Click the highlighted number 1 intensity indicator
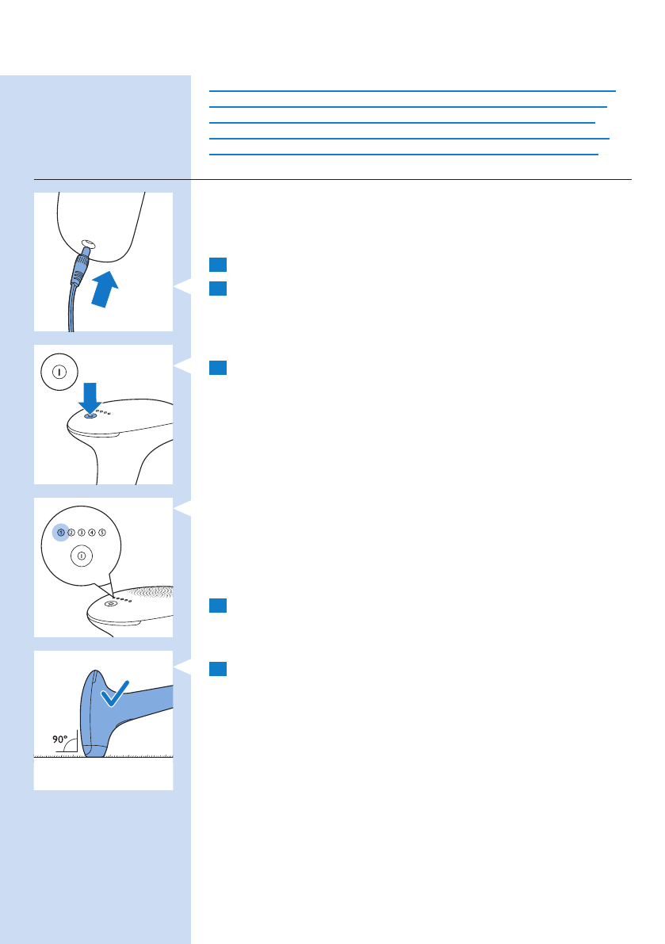coord(61,533)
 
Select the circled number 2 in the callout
coord(71,533)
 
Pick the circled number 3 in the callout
coord(82,533)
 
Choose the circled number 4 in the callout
coord(92,533)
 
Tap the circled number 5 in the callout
coord(102,533)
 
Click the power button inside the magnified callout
coord(81,556)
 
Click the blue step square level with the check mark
coord(219,669)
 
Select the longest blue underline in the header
coord(412,90)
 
